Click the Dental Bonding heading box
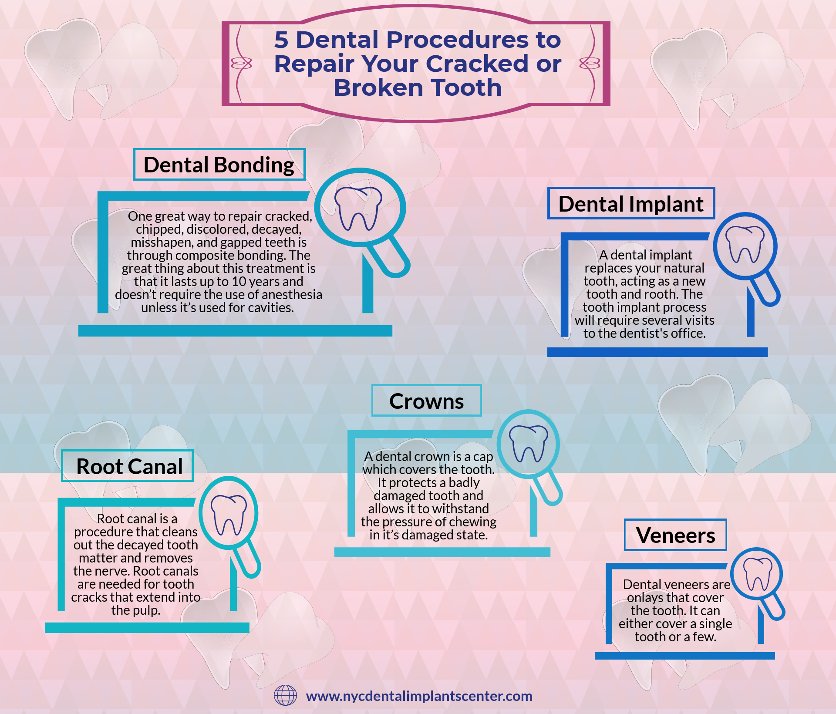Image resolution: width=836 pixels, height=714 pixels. click(219, 165)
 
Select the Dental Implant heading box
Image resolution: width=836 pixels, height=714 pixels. click(631, 203)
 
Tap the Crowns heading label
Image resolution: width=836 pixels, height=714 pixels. click(427, 401)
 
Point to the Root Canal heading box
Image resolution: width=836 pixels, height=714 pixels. click(127, 466)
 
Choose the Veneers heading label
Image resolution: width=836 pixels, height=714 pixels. click(675, 535)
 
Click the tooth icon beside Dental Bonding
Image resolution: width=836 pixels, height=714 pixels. click(358, 208)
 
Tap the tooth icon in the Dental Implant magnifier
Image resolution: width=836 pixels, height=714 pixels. click(745, 244)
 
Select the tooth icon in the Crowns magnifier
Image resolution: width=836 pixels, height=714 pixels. click(528, 443)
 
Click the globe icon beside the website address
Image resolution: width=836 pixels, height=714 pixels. click(285, 695)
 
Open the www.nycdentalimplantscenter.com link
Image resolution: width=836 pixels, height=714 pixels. click(419, 696)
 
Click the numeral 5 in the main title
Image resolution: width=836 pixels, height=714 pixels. click(281, 40)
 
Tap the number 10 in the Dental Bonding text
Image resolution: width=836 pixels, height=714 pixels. click(239, 281)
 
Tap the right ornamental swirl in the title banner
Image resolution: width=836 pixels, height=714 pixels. click(590, 64)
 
